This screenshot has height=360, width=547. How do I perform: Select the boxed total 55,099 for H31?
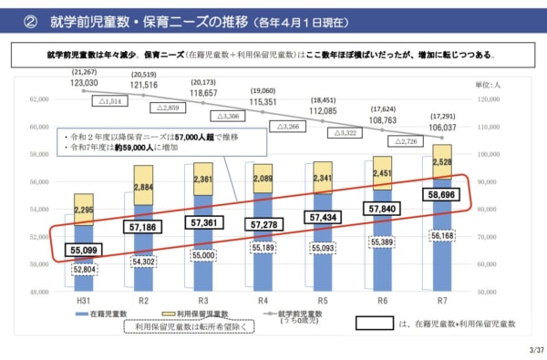(x=83, y=248)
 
